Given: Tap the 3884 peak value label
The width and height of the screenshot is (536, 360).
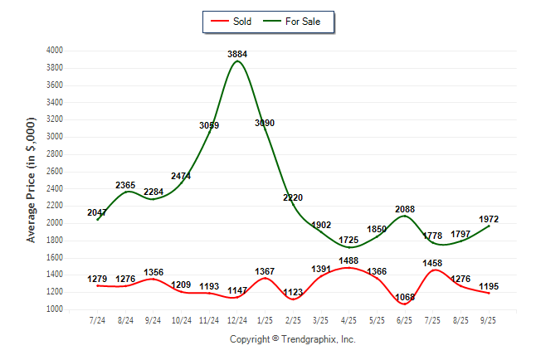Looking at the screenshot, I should point(238,55).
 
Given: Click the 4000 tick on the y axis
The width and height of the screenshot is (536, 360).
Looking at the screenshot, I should point(54,51).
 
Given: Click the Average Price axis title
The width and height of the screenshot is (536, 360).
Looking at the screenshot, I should point(32,180).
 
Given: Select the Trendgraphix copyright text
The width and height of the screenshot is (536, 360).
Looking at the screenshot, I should point(292,339).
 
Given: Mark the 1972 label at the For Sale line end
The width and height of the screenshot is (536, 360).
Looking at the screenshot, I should point(490,219).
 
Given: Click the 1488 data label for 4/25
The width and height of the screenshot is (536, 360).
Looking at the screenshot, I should point(350,260).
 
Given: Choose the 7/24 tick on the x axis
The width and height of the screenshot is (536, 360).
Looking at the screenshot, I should point(97,319).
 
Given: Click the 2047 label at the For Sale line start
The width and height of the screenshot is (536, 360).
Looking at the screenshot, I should point(97,213).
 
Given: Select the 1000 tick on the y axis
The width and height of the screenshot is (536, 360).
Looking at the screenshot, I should point(54,309).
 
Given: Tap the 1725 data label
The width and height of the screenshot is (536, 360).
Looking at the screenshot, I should point(350,241).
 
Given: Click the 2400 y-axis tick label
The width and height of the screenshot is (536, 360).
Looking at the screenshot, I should point(54,188).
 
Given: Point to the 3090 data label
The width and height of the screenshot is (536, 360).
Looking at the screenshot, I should point(264,124).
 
